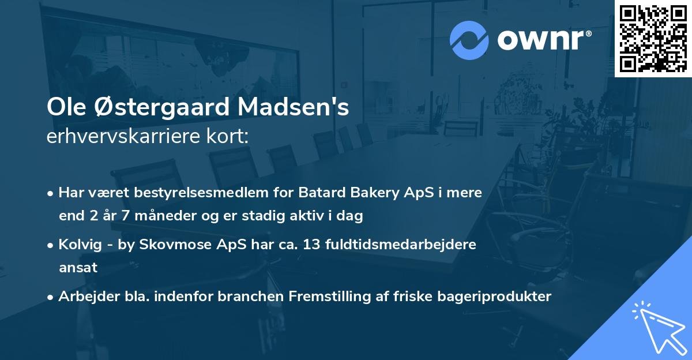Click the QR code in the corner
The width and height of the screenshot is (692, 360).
[653, 39]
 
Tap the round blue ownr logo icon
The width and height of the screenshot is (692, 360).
[469, 40]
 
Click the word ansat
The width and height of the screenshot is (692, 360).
[78, 268]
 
